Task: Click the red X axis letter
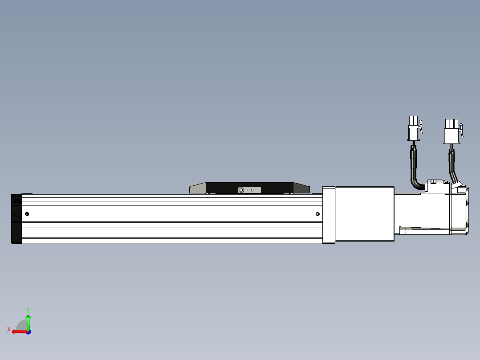pos(8,329)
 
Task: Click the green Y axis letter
pos(28,309)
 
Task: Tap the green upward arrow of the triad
pos(28,321)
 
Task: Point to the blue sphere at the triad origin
pos(28,332)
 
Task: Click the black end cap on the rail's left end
pos(16,219)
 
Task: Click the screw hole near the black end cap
pos(27,214)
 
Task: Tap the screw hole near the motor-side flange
pos(317,214)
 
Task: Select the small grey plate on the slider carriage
pos(249,190)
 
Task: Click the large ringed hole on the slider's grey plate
pos(241,190)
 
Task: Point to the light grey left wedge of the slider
pos(197,188)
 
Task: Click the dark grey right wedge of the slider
pos(301,188)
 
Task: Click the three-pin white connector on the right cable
pos(451,131)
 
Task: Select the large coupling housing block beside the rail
pos(364,214)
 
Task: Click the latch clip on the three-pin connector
pos(462,130)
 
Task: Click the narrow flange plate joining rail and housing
pos(329,215)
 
